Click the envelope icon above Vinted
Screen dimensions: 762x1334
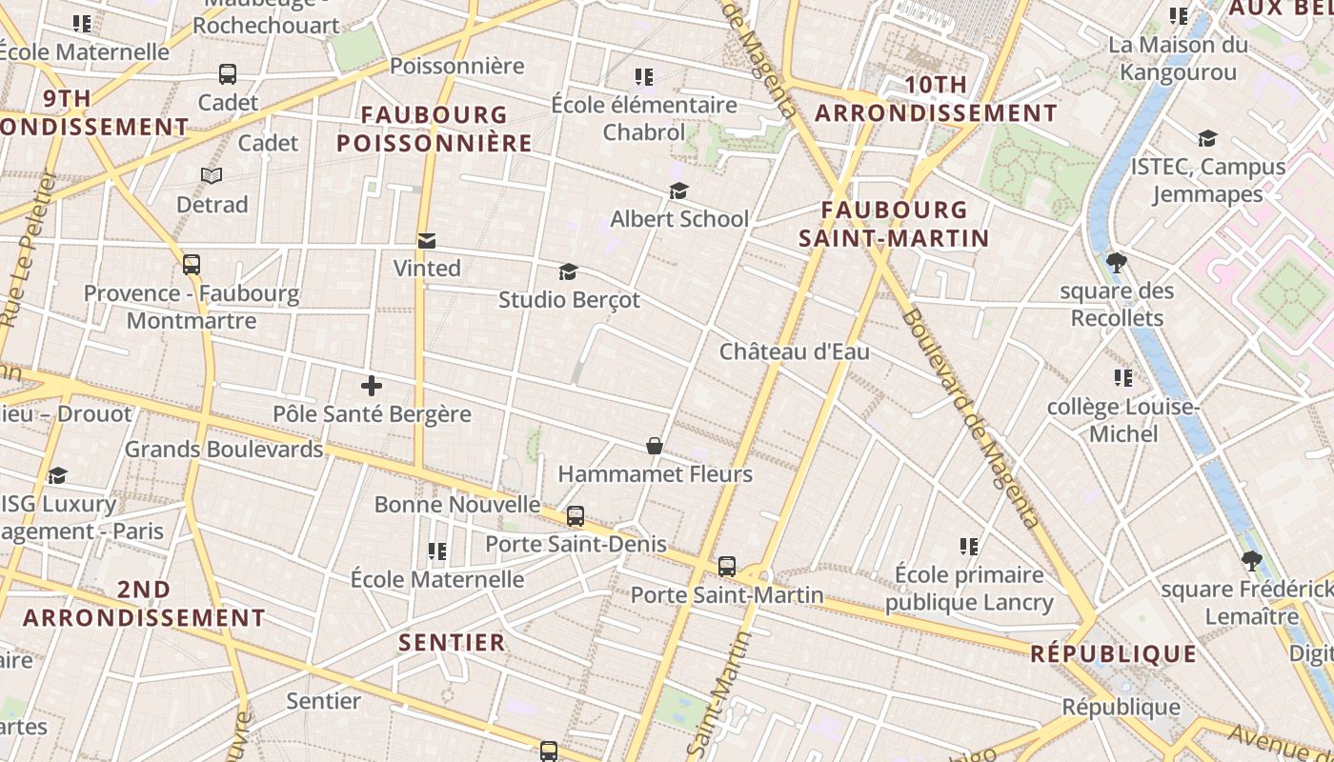[426, 241]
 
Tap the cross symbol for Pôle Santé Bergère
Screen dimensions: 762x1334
[372, 386]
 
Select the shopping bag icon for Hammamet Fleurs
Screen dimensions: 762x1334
[655, 446]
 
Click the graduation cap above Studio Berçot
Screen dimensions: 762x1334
[568, 272]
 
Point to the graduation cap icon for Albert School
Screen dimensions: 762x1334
[678, 191]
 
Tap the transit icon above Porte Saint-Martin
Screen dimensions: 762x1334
[727, 567]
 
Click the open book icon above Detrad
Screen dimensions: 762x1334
[212, 176]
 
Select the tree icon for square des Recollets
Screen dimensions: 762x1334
[1117, 263]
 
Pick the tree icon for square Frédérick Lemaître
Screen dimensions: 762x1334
[1251, 562]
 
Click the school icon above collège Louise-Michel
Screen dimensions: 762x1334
[1123, 378]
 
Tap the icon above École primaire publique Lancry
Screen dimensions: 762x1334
[969, 547]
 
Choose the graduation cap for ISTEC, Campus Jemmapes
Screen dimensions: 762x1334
[1207, 139]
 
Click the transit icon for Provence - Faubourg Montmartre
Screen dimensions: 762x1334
[192, 265]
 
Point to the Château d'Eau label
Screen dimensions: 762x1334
[794, 351]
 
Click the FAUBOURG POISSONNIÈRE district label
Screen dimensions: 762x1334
[434, 130]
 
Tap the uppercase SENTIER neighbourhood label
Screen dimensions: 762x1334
[452, 642]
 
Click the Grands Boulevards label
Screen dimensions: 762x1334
[224, 449]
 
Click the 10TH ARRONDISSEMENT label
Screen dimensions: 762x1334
[936, 99]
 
